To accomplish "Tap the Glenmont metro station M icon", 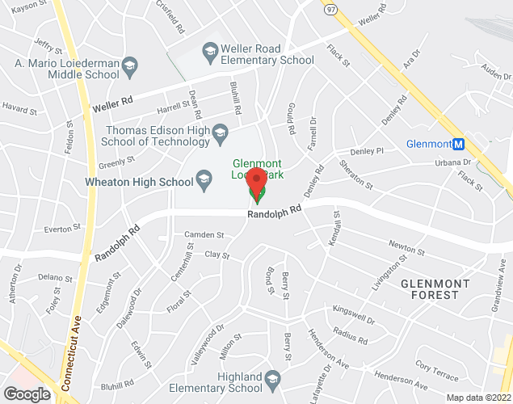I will (x=459, y=145).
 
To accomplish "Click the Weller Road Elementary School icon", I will (x=212, y=52).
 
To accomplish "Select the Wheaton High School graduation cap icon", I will (x=204, y=178).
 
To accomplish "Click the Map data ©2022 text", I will (x=478, y=398).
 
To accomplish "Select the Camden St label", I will (x=204, y=235).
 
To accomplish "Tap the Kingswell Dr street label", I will (x=354, y=314).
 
